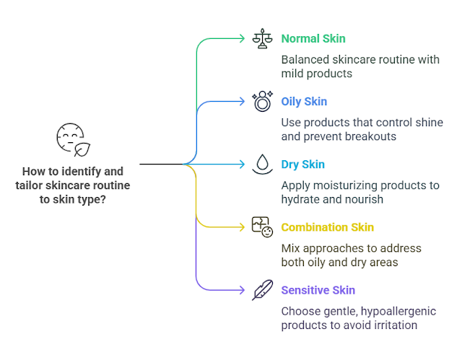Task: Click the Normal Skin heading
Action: (313, 38)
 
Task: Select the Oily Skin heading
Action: (304, 102)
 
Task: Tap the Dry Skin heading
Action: (302, 164)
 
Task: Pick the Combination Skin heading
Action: (327, 227)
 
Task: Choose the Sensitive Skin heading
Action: (318, 290)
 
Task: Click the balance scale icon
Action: (261, 38)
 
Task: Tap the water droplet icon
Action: (261, 164)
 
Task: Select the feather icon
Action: (261, 290)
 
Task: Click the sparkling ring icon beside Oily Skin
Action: (261, 101)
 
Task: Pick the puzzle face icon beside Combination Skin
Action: (261, 227)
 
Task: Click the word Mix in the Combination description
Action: (291, 248)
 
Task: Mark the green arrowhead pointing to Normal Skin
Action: (243, 38)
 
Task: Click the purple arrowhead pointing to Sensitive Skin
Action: (243, 290)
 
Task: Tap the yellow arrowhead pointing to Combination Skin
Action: (243, 227)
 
